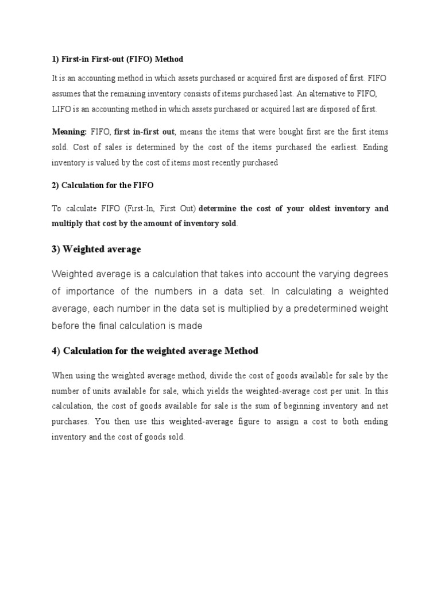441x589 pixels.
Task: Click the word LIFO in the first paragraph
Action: pos(61,109)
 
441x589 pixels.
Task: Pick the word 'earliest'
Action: pos(342,147)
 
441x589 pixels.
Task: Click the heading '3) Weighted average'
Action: pos(96,249)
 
